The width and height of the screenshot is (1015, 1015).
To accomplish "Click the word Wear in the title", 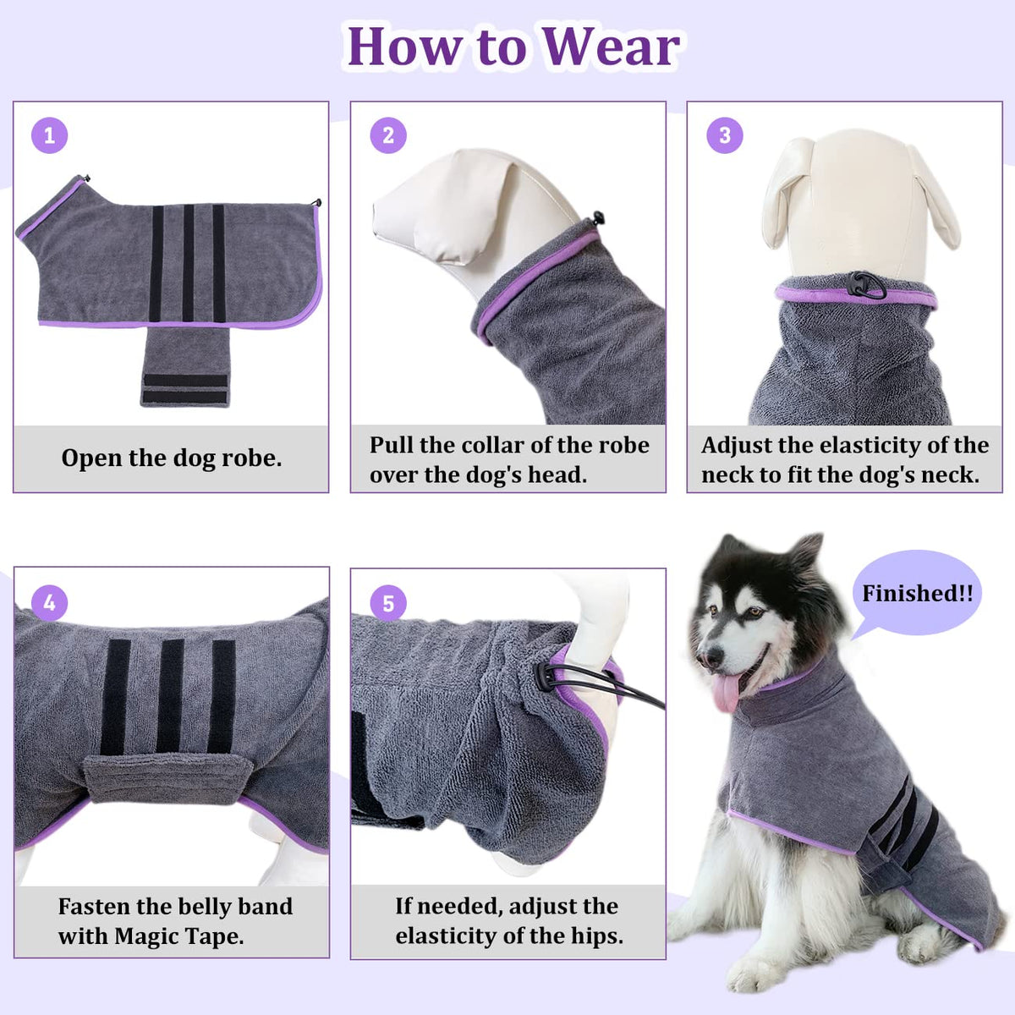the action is pyautogui.click(x=611, y=47).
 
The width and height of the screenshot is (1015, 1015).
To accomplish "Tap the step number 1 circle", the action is pyautogui.click(x=50, y=135).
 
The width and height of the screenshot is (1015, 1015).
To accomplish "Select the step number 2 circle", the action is pyautogui.click(x=388, y=135).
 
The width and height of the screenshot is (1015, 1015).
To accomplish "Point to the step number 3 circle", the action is pyautogui.click(x=725, y=135).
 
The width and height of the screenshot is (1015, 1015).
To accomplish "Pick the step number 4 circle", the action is pyautogui.click(x=50, y=602).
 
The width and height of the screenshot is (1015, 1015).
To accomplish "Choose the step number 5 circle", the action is pyautogui.click(x=388, y=603).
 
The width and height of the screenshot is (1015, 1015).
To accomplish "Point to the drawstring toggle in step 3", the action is pyautogui.click(x=862, y=284).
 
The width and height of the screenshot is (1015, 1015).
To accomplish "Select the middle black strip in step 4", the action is pyautogui.click(x=170, y=695).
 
